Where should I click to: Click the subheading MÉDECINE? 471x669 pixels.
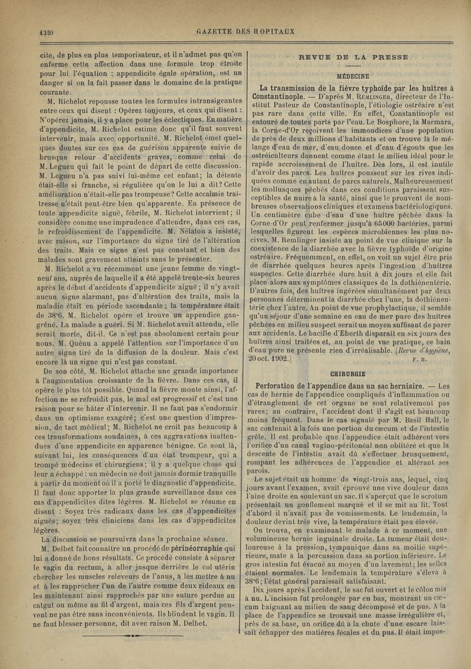coord(353,76)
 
